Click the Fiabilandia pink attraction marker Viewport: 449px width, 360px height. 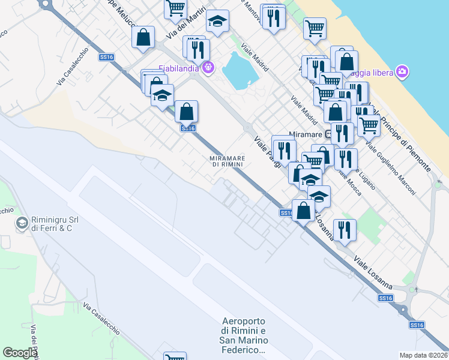point(208,67)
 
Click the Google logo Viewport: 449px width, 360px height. point(20,352)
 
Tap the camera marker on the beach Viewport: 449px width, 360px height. point(402,73)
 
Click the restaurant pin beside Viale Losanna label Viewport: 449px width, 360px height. point(345,229)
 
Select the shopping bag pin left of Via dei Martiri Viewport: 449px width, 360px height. point(144,37)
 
